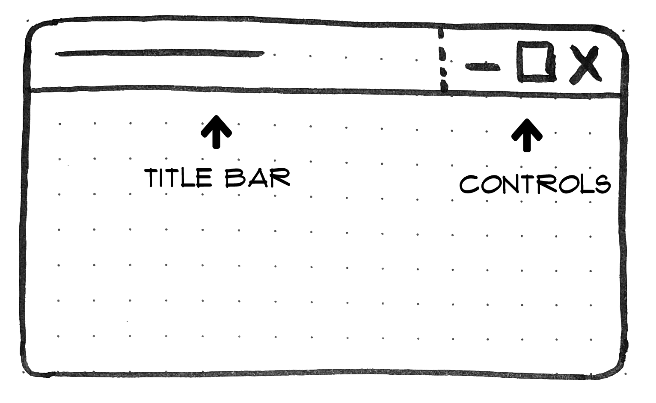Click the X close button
pyautogui.click(x=585, y=65)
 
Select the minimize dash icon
pyautogui.click(x=483, y=67)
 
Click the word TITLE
pyautogui.click(x=178, y=178)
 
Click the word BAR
pyautogui.click(x=258, y=178)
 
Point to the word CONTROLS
pyautogui.click(x=535, y=184)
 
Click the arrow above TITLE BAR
pyautogui.click(x=216, y=132)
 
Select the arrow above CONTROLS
pyautogui.click(x=527, y=135)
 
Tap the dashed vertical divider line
pyautogui.click(x=442, y=60)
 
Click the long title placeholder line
pyautogui.click(x=160, y=53)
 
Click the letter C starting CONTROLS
pyautogui.click(x=469, y=184)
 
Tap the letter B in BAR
pyautogui.click(x=235, y=178)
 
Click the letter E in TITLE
pyautogui.click(x=204, y=178)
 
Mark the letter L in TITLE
pyautogui.click(x=187, y=178)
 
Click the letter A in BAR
pyautogui.click(x=257, y=178)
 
